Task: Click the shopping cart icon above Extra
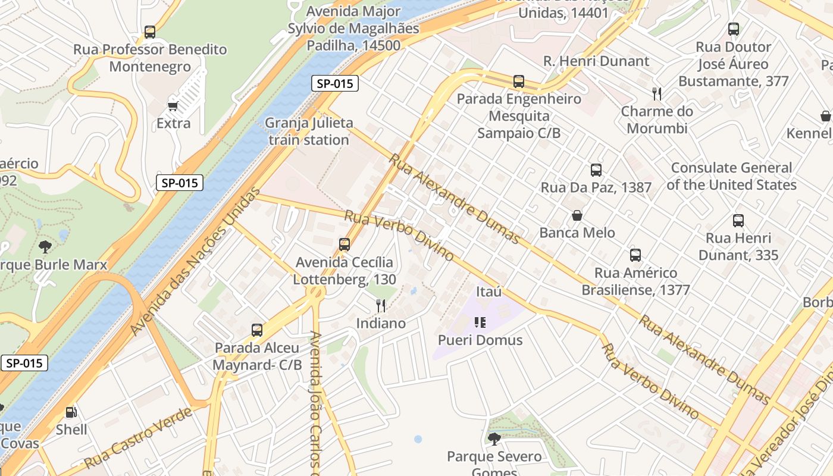(x=173, y=106)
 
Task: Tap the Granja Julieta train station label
(x=309, y=131)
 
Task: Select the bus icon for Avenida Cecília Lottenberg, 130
(x=344, y=244)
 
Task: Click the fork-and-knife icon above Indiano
(x=381, y=306)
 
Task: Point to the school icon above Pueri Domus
(x=480, y=322)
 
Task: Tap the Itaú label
(x=489, y=292)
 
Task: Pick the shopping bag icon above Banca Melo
(x=577, y=215)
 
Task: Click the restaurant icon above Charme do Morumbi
(x=657, y=94)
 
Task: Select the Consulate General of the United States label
(x=731, y=176)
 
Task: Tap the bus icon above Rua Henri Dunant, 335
(x=738, y=221)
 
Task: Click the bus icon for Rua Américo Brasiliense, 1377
(x=635, y=255)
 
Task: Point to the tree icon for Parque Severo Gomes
(x=494, y=439)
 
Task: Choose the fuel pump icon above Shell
(x=71, y=412)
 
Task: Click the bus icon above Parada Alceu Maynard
(x=257, y=330)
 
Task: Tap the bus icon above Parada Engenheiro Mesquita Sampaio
(x=519, y=82)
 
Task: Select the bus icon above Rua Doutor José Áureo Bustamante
(x=734, y=29)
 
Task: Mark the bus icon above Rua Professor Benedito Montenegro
(x=150, y=32)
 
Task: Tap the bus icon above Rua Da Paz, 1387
(x=596, y=170)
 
